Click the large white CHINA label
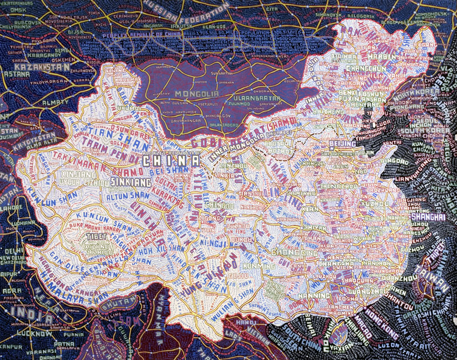171,161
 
